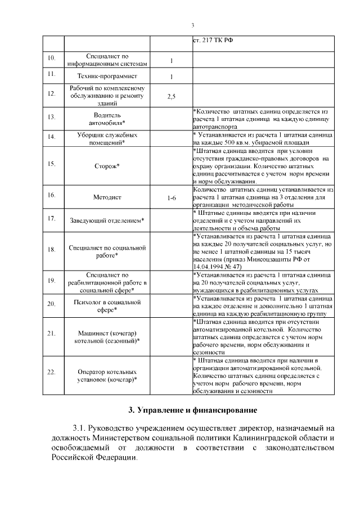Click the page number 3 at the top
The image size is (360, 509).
[x=192, y=25]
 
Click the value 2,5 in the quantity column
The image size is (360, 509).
[x=171, y=96]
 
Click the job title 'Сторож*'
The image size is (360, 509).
[x=107, y=166]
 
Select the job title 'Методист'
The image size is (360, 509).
[x=107, y=197]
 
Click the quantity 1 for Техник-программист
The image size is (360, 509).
[x=171, y=76]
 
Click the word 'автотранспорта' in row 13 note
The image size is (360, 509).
[x=214, y=128]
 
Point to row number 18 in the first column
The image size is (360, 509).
[x=51, y=249]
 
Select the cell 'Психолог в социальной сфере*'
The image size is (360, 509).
[x=107, y=305]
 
